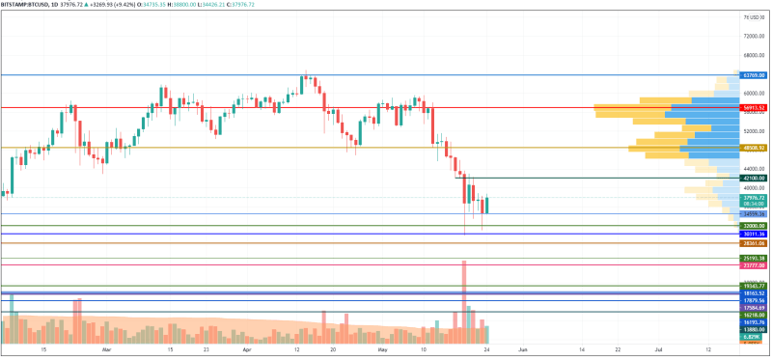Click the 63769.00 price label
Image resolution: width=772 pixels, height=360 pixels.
[x=754, y=74]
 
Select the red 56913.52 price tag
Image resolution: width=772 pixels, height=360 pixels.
[x=754, y=107]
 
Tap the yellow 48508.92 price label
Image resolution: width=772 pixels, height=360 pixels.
[x=754, y=148]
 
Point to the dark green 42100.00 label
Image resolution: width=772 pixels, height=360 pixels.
[x=754, y=178]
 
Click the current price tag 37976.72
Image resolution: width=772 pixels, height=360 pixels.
[x=754, y=197]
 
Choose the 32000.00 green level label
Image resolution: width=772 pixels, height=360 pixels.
[x=754, y=226]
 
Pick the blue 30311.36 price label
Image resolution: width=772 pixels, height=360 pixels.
[x=754, y=234]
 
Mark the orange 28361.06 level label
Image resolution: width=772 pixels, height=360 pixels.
[x=754, y=243]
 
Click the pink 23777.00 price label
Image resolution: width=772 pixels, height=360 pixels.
[x=754, y=265]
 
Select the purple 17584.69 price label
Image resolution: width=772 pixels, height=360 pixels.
[x=754, y=307]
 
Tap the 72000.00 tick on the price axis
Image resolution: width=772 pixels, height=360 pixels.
[x=754, y=36]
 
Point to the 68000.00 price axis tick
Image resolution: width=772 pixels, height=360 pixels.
[x=754, y=55]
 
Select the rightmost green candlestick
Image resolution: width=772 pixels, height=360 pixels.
[x=487, y=205]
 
